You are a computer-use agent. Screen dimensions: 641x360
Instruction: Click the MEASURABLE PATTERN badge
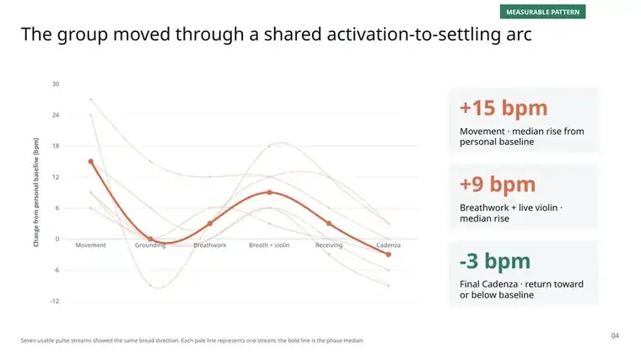[542, 12]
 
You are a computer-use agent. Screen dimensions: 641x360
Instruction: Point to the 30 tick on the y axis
[56, 84]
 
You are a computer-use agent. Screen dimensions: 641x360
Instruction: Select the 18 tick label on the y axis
[56, 146]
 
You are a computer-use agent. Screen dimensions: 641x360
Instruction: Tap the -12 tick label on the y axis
[55, 301]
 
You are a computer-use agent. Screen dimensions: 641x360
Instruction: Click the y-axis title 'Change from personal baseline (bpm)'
[36, 192]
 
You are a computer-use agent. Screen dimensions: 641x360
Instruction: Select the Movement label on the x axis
[91, 245]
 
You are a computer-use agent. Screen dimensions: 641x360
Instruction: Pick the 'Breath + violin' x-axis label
[269, 245]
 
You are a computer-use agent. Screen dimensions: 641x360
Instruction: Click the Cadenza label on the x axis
[388, 245]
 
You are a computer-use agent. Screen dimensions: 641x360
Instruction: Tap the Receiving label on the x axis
[329, 245]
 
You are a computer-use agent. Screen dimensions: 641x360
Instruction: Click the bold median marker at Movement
[91, 161]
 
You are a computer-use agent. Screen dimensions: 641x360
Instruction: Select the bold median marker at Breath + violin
[269, 192]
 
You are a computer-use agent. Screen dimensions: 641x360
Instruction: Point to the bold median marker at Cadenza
[388, 255]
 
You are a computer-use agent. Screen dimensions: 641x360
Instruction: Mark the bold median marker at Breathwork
[210, 223]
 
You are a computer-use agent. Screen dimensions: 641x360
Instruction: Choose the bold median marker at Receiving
[329, 223]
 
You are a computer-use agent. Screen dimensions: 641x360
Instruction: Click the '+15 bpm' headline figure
[504, 108]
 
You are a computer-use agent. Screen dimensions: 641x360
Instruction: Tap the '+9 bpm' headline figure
[498, 185]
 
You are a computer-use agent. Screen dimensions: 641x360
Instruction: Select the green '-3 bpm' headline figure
[495, 261]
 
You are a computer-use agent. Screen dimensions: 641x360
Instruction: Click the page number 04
[615, 336]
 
